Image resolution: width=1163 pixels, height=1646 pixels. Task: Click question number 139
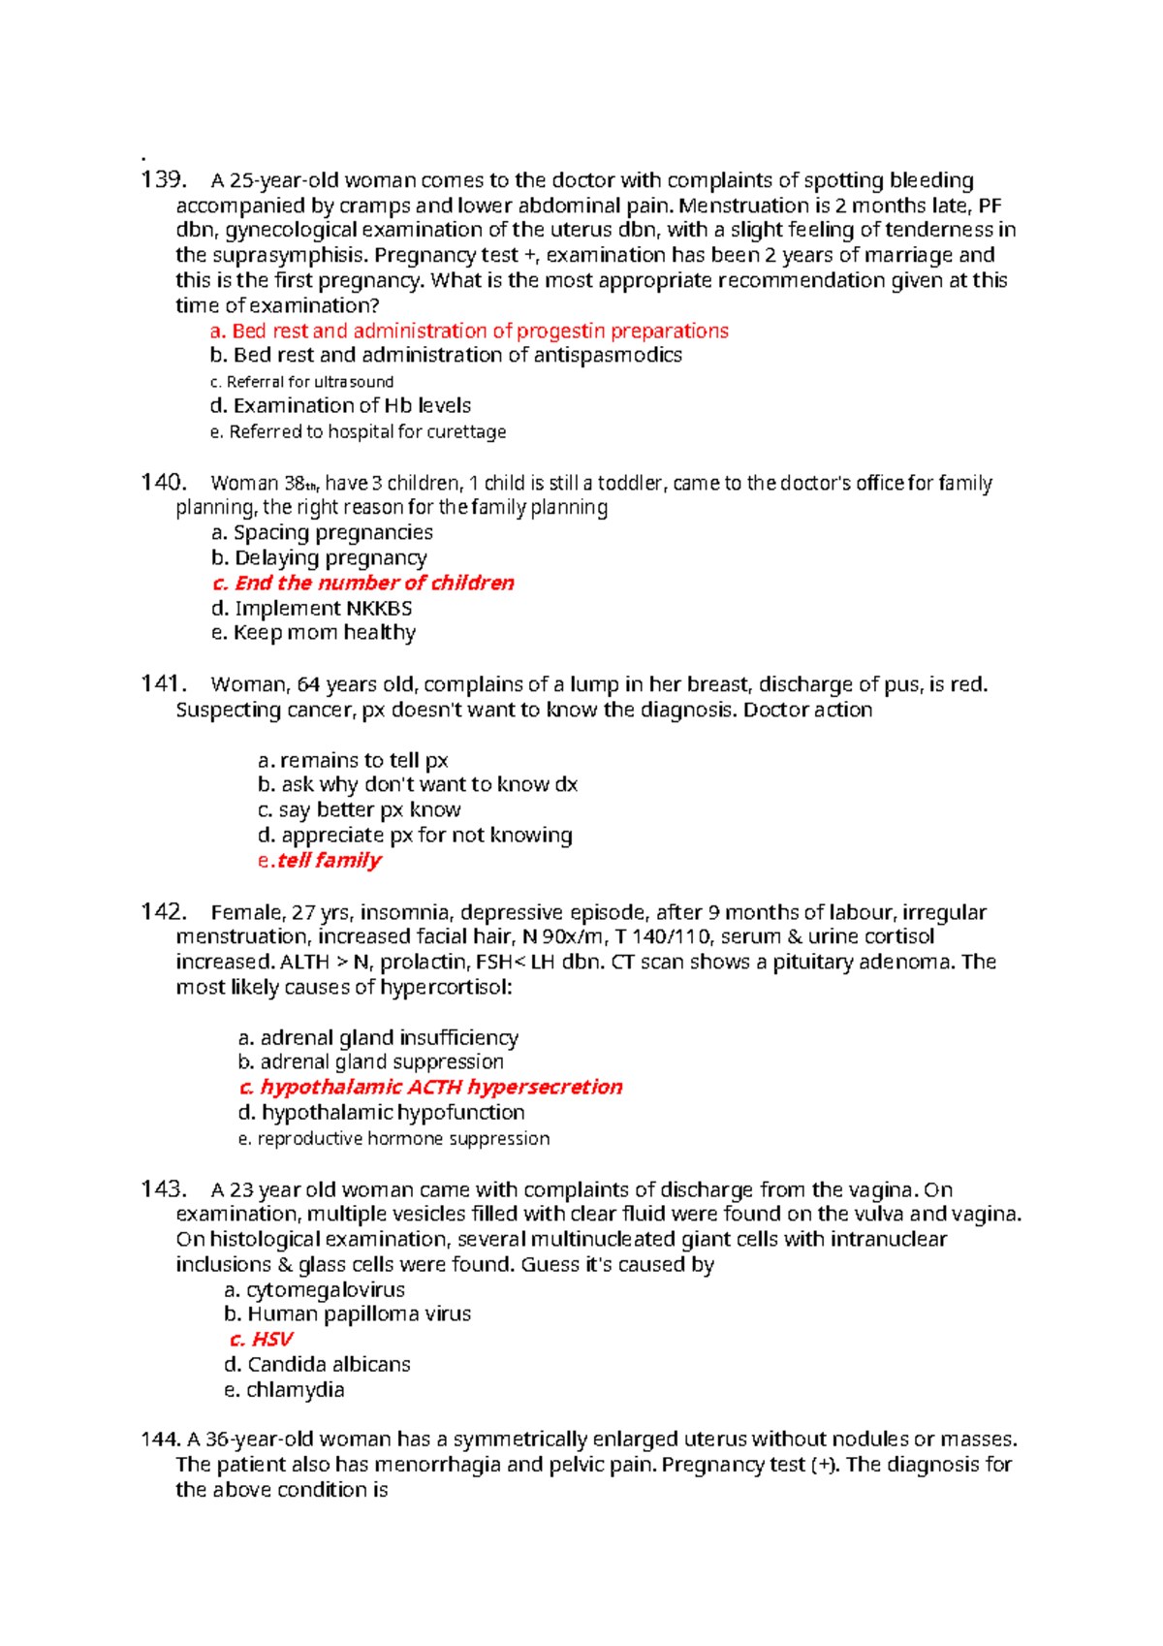click(162, 179)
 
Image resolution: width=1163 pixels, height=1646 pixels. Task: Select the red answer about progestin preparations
click(469, 331)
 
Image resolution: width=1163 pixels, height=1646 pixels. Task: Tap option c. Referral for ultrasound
click(301, 382)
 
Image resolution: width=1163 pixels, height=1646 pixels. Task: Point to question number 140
click(163, 482)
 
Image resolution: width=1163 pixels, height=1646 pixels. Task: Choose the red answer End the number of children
click(363, 583)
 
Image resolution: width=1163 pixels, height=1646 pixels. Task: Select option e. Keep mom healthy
click(314, 633)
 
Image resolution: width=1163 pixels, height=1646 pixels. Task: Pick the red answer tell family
click(320, 860)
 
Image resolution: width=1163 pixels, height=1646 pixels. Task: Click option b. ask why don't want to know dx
click(418, 784)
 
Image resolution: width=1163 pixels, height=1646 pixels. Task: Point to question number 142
click(162, 911)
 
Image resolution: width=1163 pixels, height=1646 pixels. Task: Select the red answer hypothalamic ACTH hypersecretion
click(430, 1087)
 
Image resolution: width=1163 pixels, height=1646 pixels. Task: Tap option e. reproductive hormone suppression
click(393, 1138)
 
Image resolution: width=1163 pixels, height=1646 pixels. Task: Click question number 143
click(162, 1188)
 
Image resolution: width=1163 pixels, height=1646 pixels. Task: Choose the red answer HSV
click(261, 1339)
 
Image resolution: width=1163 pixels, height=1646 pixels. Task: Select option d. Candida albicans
click(317, 1364)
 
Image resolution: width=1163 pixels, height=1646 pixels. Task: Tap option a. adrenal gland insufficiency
click(378, 1037)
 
